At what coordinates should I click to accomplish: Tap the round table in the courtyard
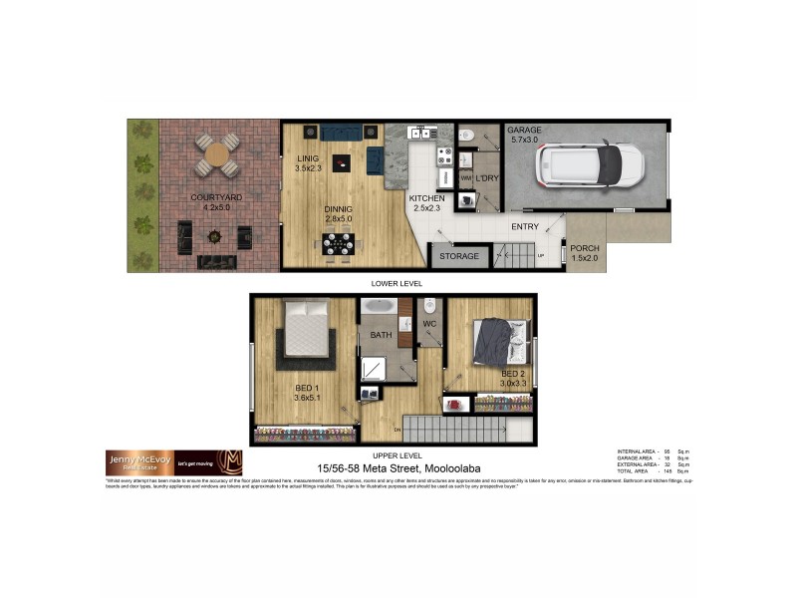[x=216, y=154]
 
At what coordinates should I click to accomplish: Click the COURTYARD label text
[x=216, y=197]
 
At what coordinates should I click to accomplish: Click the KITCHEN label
[x=427, y=198]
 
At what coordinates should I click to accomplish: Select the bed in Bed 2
[x=495, y=342]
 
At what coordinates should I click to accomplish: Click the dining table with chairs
[x=338, y=243]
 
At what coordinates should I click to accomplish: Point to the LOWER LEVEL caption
[x=398, y=283]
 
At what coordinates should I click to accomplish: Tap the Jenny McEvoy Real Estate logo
[x=173, y=462]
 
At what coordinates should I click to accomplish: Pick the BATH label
[x=382, y=336]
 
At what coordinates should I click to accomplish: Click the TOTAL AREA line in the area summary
[x=654, y=470]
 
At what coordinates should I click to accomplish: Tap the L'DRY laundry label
[x=486, y=178]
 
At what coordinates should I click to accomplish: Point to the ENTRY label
[x=525, y=227]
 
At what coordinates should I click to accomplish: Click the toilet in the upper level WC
[x=430, y=306]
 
